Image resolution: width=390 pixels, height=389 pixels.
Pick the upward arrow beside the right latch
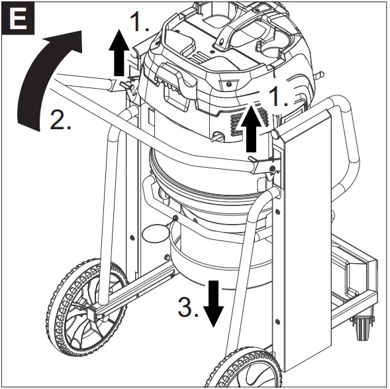(253, 129)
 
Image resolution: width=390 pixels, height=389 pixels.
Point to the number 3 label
(189, 309)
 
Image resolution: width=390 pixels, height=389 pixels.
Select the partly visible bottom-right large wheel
(249, 368)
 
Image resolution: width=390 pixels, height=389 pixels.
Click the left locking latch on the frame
(125, 85)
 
